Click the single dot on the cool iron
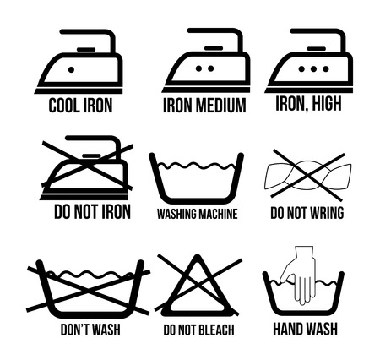tap(71, 69)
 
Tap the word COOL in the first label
tap(63, 106)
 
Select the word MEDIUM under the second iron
tap(220, 106)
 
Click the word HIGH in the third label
tap(327, 104)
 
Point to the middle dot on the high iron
tap(313, 68)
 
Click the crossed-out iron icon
tap(87, 167)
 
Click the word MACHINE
tap(218, 214)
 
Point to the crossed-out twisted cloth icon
tap(308, 175)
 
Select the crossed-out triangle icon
tap(198, 285)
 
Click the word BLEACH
tap(216, 330)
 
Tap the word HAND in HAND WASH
tap(288, 329)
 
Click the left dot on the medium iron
tap(198, 68)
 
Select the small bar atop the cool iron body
tap(86, 49)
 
